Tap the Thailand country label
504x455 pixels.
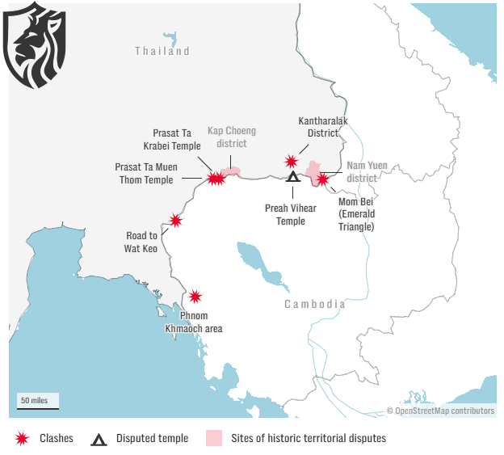point(162,51)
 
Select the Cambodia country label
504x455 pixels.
point(314,305)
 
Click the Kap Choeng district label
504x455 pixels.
point(231,137)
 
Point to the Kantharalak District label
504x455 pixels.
point(317,127)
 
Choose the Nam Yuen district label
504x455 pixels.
point(367,171)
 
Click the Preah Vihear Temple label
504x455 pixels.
point(291,214)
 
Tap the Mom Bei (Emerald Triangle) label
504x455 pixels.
point(355,215)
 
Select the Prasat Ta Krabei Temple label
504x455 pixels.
point(177,139)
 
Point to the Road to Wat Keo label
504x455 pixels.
point(141,242)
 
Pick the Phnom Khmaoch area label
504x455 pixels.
point(194,322)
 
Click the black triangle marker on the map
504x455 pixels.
point(293,177)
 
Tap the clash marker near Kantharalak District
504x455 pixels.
point(291,162)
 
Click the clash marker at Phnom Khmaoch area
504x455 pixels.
point(195,297)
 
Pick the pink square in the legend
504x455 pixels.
point(213,439)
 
